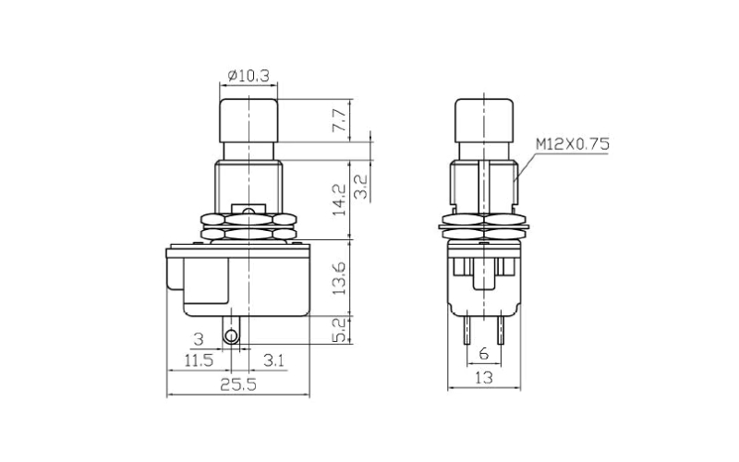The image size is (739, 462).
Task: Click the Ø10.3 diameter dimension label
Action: coord(248,76)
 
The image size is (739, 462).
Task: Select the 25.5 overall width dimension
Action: coord(236,385)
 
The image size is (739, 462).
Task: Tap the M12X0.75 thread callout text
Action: coord(572,144)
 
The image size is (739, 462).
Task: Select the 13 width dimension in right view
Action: coord(483,378)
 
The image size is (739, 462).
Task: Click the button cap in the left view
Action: coord(248,118)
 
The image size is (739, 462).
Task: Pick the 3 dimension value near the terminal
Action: coord(197,339)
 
